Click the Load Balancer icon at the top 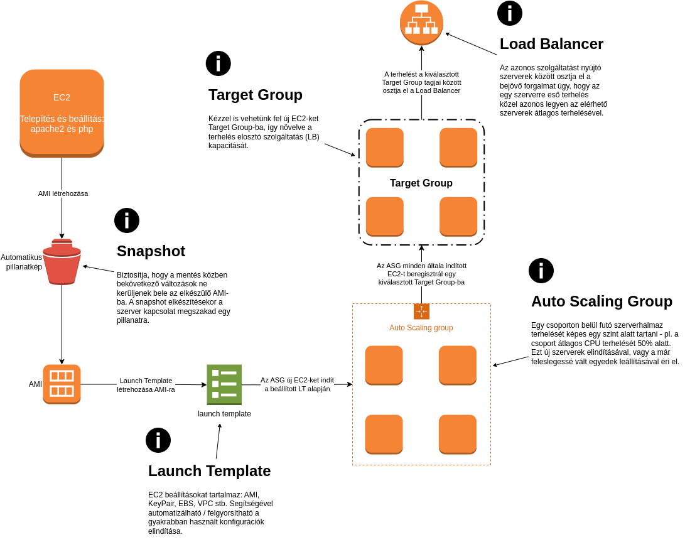421,23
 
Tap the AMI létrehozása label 63,193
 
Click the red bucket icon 62,261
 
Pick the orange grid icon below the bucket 62,384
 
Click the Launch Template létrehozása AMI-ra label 146,385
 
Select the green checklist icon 224,384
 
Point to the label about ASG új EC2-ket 297,384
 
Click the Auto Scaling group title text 421,327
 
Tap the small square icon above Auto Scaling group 421,311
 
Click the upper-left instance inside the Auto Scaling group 384,365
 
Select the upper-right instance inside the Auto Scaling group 457,365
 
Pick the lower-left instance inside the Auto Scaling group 384,434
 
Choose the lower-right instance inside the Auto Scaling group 457,434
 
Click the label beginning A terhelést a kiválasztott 421,82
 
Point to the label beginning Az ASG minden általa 421,274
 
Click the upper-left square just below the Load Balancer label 384,147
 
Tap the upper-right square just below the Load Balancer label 458,147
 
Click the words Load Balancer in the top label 438,90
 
